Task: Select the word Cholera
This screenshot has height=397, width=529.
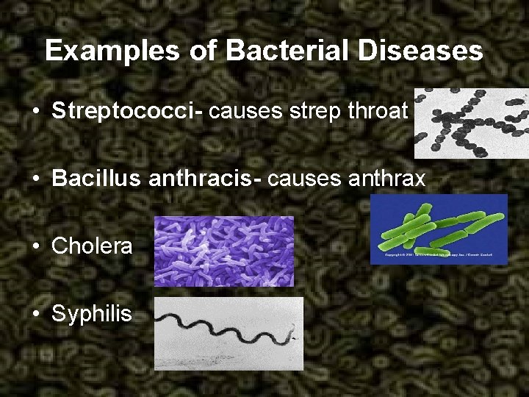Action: click(92, 246)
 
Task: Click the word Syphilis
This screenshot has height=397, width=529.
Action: click(92, 314)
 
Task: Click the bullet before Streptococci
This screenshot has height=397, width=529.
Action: click(36, 112)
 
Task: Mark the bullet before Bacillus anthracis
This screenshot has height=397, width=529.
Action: click(36, 179)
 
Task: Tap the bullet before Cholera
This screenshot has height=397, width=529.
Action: click(36, 246)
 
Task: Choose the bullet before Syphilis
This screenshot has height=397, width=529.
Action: click(36, 315)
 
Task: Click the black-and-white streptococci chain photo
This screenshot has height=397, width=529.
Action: click(470, 123)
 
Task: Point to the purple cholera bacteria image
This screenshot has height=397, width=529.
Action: click(223, 251)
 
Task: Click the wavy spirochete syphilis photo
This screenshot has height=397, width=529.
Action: click(228, 332)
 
